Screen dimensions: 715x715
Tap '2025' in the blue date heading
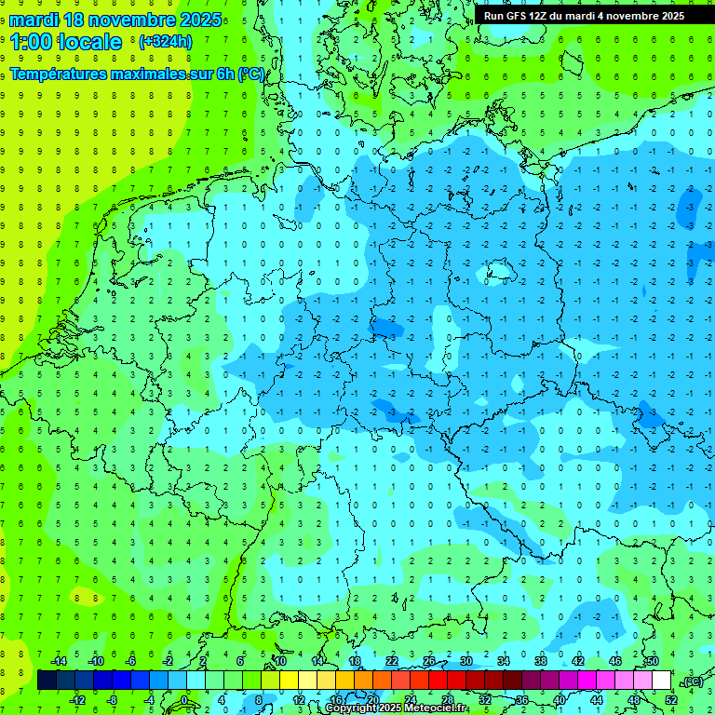[x=197, y=20]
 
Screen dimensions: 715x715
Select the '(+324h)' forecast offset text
[x=166, y=42]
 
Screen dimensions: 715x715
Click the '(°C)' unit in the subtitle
[x=250, y=74]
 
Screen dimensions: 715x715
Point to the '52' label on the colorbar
[x=670, y=699]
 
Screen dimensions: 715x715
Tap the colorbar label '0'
[x=184, y=699]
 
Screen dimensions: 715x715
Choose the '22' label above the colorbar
[x=392, y=661]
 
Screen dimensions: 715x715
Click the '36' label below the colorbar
[x=521, y=699]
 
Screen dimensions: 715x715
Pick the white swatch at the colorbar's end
[x=661, y=681]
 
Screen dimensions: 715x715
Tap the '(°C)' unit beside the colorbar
[x=693, y=681]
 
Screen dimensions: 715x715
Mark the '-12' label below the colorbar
[x=78, y=699]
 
